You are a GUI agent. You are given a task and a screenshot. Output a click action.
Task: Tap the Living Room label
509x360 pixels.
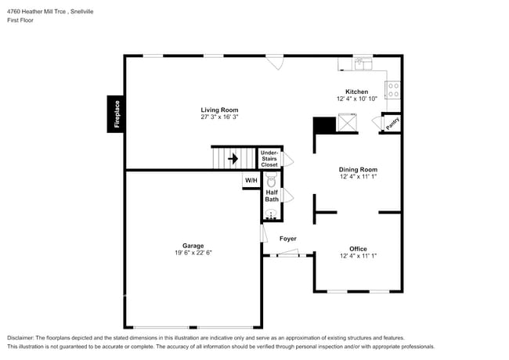(219, 110)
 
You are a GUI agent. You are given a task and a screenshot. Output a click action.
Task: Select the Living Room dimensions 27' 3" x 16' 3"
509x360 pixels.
(219, 117)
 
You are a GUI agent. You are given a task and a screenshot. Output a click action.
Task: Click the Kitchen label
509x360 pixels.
(357, 92)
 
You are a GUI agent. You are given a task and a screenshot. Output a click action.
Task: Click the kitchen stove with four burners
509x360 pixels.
(393, 90)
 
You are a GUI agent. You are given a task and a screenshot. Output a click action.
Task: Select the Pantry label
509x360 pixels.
(392, 122)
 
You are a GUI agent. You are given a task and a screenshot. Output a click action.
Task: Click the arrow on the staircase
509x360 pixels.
(233, 158)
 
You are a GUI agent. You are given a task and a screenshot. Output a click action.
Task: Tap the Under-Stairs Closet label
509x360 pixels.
(269, 159)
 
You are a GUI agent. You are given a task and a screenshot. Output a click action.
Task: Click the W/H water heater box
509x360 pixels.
(251, 181)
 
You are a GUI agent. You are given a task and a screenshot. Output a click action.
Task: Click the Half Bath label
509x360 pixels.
(272, 196)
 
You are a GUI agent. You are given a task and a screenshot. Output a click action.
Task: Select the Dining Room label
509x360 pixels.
(358, 170)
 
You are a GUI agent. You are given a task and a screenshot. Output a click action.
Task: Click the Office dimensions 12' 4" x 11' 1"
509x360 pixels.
(358, 256)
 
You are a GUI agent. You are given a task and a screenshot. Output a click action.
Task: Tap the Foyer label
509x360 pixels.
(287, 238)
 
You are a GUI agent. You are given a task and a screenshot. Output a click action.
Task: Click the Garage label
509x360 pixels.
(193, 245)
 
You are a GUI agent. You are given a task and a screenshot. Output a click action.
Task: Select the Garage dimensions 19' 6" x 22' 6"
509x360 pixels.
(193, 253)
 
